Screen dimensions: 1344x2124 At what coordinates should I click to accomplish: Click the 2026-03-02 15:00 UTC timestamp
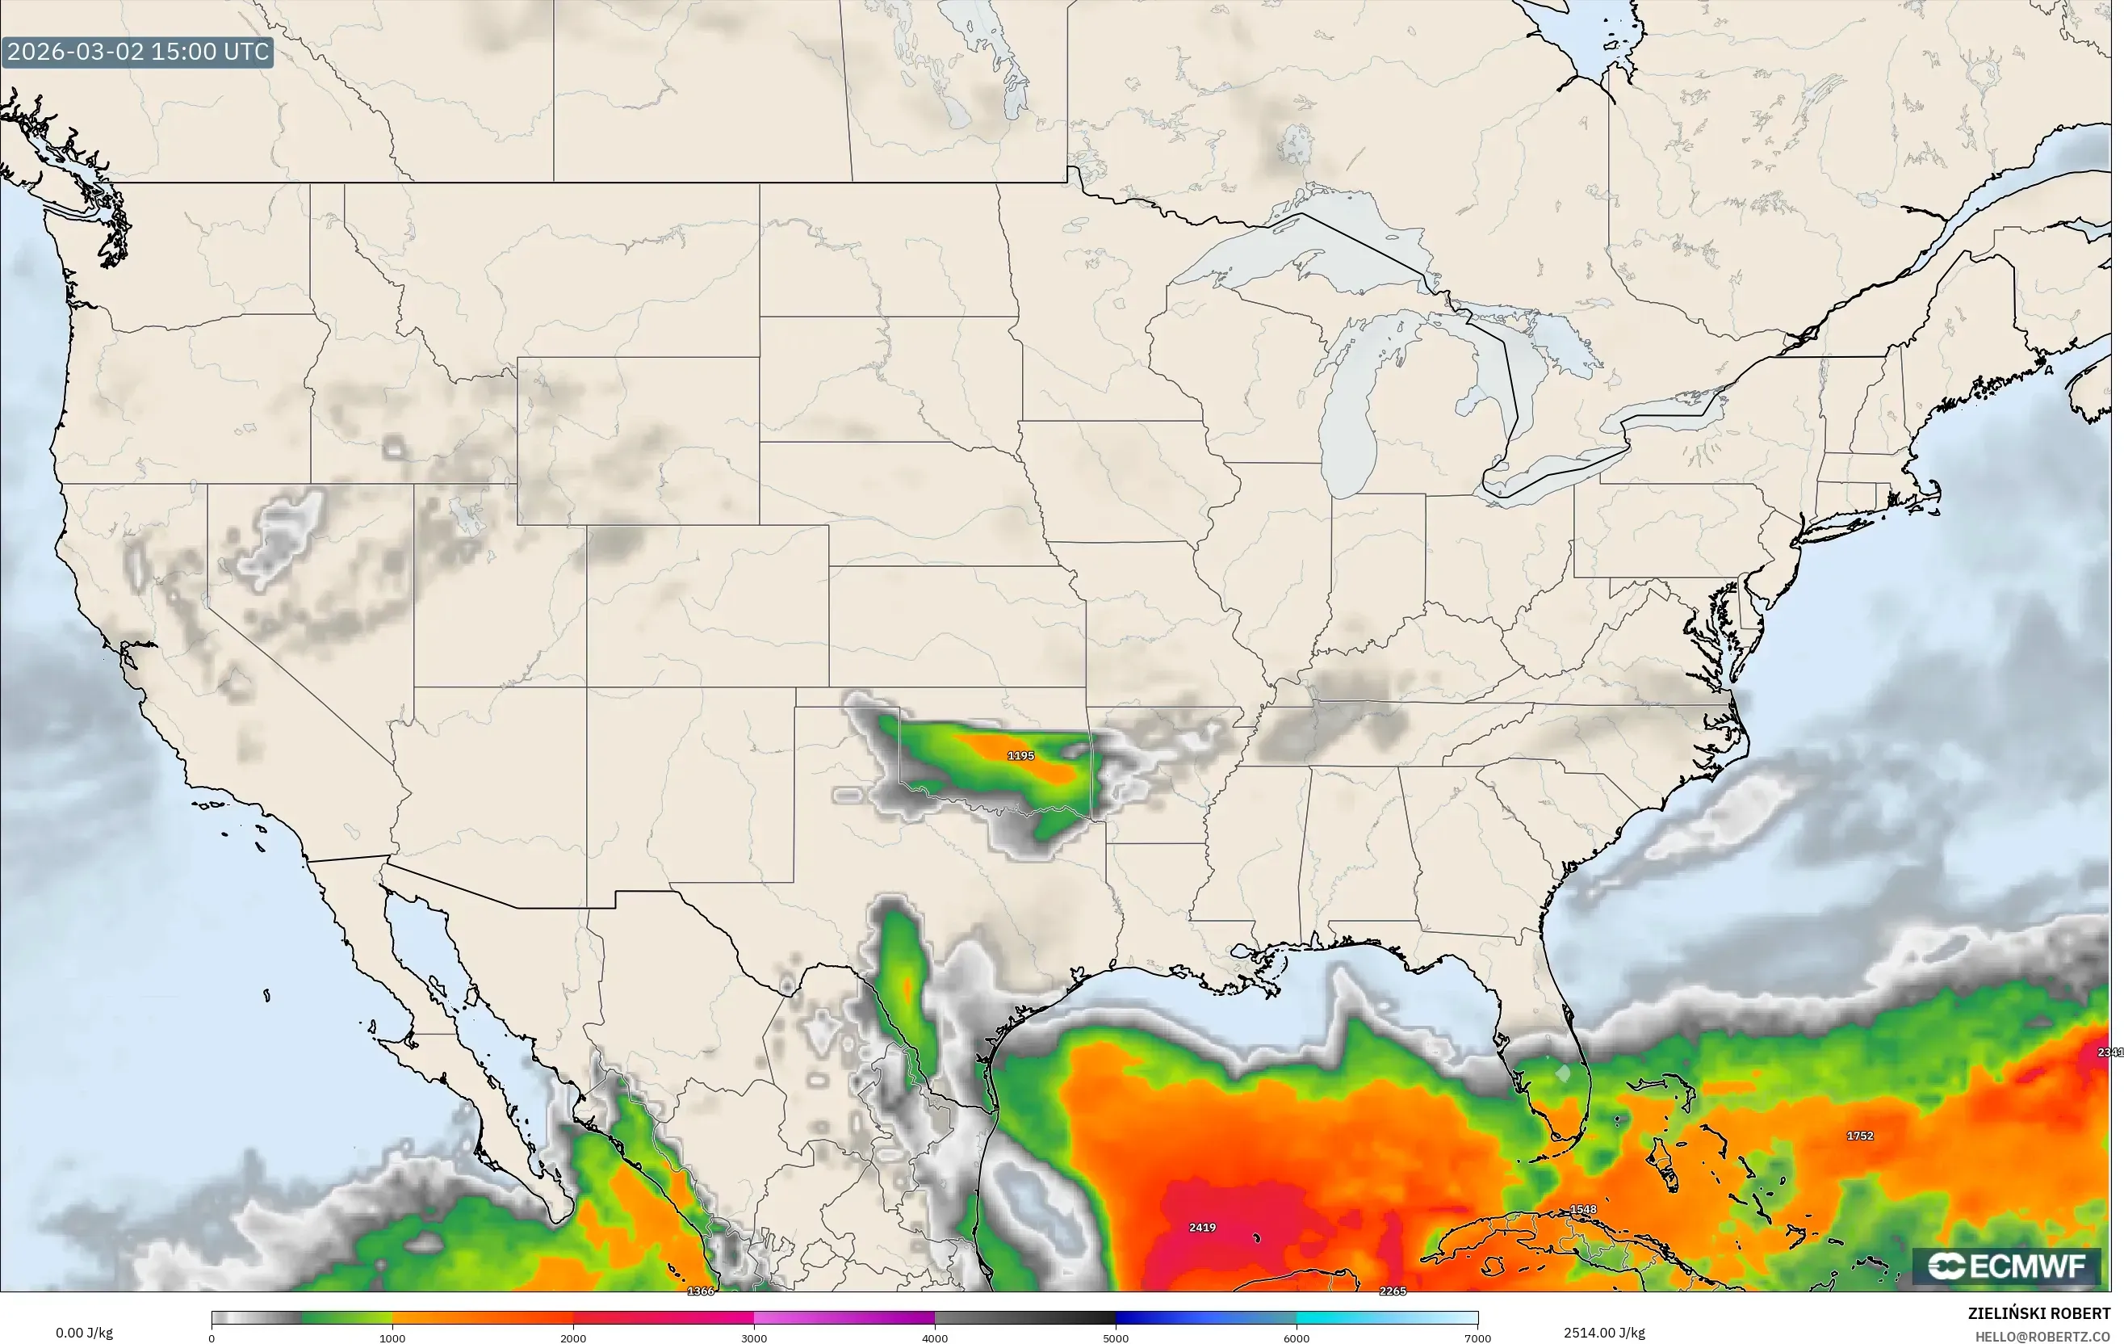pyautogui.click(x=137, y=51)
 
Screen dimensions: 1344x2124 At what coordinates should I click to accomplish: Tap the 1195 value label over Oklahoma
pyautogui.click(x=1020, y=755)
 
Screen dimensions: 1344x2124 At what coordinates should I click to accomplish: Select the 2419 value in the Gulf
pyautogui.click(x=1202, y=1228)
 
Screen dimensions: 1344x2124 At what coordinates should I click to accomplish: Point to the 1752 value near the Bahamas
pyautogui.click(x=1859, y=1136)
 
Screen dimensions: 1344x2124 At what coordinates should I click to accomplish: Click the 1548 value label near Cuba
pyautogui.click(x=1583, y=1210)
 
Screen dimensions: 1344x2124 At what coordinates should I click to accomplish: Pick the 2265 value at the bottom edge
pyautogui.click(x=1393, y=1291)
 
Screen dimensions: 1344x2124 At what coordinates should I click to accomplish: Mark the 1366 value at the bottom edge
pyautogui.click(x=701, y=1291)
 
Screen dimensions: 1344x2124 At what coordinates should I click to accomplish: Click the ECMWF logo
pyautogui.click(x=2006, y=1266)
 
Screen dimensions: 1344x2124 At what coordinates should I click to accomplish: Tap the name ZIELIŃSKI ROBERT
pyautogui.click(x=2038, y=1314)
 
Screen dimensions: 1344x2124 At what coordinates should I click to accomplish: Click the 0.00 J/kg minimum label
pyautogui.click(x=85, y=1333)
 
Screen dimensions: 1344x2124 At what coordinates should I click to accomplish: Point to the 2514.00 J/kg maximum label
pyautogui.click(x=1603, y=1333)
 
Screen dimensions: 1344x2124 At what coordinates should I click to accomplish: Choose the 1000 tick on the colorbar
pyautogui.click(x=392, y=1338)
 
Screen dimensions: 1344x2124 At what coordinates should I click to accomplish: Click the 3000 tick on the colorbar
pyautogui.click(x=754, y=1338)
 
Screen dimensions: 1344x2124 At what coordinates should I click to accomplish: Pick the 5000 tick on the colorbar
pyautogui.click(x=1116, y=1338)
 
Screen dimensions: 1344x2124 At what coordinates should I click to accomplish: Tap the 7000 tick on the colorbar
pyautogui.click(x=1477, y=1338)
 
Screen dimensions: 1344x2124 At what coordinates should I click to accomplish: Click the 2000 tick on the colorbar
pyautogui.click(x=573, y=1338)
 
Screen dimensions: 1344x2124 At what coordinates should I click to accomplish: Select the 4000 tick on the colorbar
pyautogui.click(x=935, y=1338)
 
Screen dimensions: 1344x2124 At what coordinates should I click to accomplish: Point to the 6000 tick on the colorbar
pyautogui.click(x=1297, y=1338)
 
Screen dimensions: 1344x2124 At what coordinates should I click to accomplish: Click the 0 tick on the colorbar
pyautogui.click(x=212, y=1338)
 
